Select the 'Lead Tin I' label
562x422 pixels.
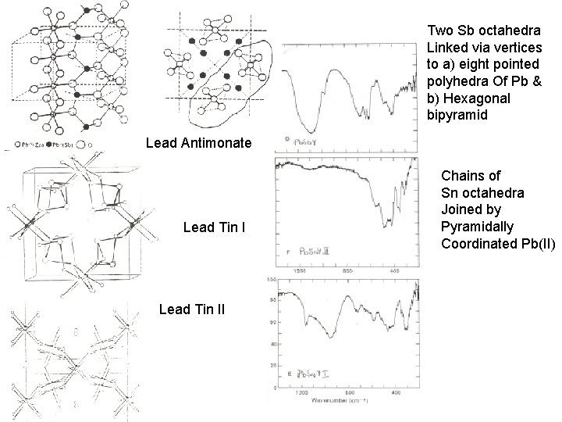[x=213, y=227]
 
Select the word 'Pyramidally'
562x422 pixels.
[x=477, y=227]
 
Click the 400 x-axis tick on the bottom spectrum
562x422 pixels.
[x=397, y=392]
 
